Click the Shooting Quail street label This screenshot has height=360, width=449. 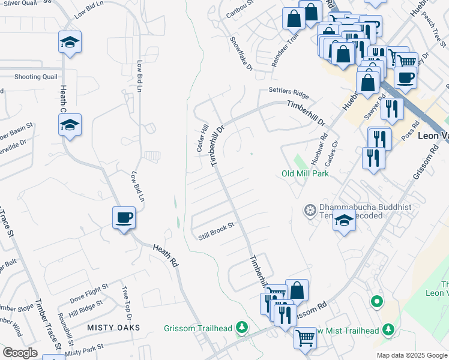(x=36, y=77)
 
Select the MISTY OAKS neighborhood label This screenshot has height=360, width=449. (x=113, y=328)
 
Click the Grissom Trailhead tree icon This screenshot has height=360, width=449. (x=241, y=327)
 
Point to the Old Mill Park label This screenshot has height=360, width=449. (x=306, y=173)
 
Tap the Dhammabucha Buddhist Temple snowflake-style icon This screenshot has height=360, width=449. (x=310, y=209)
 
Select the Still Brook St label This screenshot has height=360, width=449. (x=215, y=233)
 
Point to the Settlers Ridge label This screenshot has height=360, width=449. (x=288, y=93)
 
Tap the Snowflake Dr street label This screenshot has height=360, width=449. (x=242, y=53)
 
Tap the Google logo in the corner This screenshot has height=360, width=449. (x=20, y=353)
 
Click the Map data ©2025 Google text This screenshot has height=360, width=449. (x=411, y=355)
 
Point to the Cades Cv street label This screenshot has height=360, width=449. (x=332, y=154)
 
